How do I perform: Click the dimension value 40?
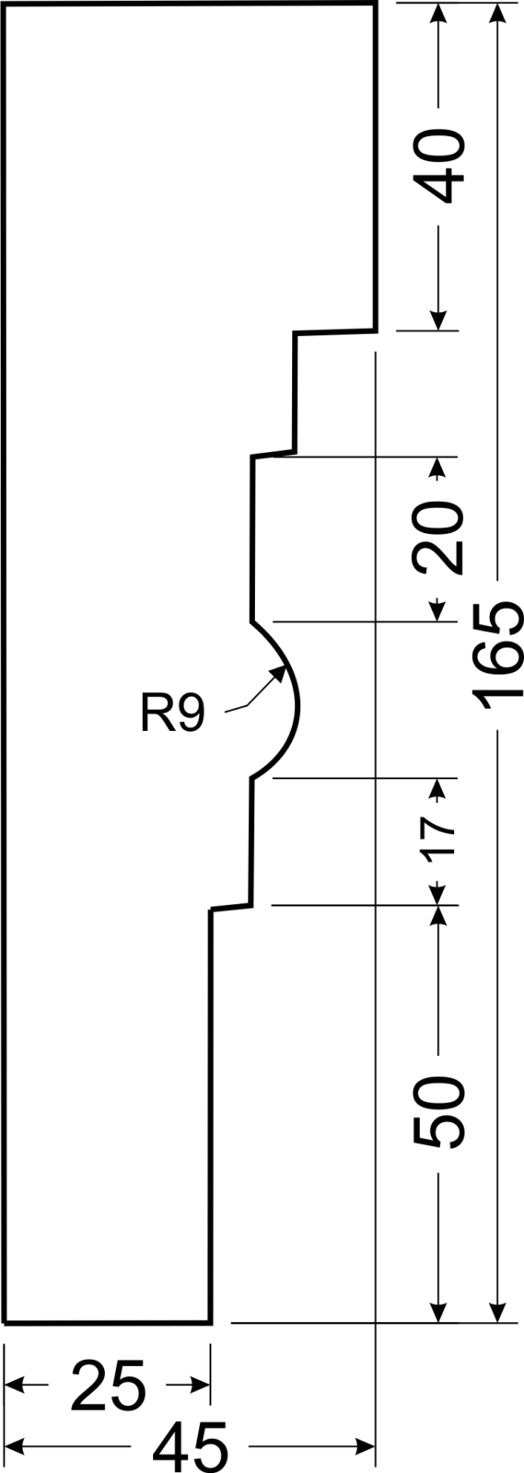point(442,167)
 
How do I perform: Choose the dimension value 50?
point(438,1112)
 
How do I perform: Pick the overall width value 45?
point(191,1446)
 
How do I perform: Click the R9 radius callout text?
point(172,714)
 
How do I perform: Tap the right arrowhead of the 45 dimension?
point(365,1446)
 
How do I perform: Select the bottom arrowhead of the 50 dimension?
point(438,1309)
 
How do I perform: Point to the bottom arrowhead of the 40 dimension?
point(438,319)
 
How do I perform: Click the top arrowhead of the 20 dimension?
point(438,467)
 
